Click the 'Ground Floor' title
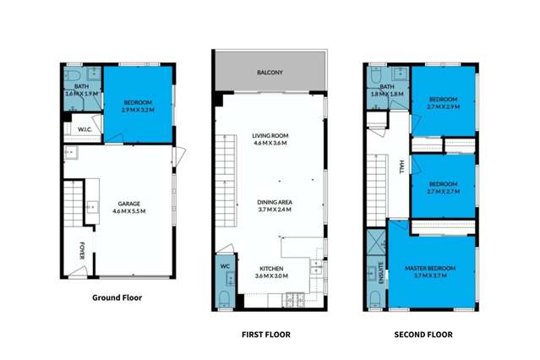tap(117, 297)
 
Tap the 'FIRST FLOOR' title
tap(266, 335)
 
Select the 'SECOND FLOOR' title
tap(423, 335)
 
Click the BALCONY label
tap(270, 74)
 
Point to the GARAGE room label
tap(128, 203)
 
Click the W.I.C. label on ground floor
tap(85, 129)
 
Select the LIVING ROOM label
tap(270, 136)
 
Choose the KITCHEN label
tap(272, 268)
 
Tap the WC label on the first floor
tap(225, 267)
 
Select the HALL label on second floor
tap(401, 166)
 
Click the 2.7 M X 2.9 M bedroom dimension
tap(444, 107)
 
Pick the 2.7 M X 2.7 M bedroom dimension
tap(444, 192)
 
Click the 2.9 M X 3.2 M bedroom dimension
tap(138, 110)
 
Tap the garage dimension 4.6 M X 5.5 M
tap(128, 211)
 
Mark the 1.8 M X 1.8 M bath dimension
tap(387, 95)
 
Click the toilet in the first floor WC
tap(224, 297)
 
